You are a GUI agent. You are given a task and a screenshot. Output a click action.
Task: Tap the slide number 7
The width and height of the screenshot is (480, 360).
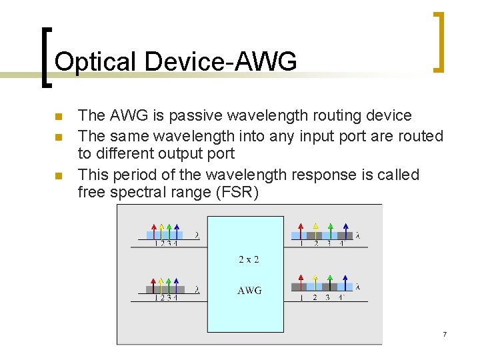[444, 333]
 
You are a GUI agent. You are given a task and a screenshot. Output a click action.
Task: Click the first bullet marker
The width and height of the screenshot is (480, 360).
[58, 117]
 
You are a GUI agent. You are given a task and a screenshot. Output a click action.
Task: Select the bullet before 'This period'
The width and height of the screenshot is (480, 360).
[58, 176]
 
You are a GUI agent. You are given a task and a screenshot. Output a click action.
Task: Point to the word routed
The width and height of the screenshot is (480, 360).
[419, 136]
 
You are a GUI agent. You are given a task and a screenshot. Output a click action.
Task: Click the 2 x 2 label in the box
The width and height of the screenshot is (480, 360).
[249, 259]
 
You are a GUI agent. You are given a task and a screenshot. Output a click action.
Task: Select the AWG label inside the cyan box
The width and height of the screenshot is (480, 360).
[249, 290]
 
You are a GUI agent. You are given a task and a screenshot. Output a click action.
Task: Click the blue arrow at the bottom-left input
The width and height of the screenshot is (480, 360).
[176, 284]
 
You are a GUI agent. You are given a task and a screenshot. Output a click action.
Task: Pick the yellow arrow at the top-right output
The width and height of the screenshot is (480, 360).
[315, 230]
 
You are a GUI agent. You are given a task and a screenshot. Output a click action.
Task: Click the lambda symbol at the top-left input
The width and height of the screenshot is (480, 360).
[197, 235]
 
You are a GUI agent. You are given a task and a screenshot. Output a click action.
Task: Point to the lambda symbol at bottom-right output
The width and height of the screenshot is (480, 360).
[358, 287]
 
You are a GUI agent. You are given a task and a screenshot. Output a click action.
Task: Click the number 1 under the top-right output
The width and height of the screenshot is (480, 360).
[301, 243]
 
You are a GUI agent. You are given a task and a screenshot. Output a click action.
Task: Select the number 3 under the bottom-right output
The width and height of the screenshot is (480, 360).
[327, 297]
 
